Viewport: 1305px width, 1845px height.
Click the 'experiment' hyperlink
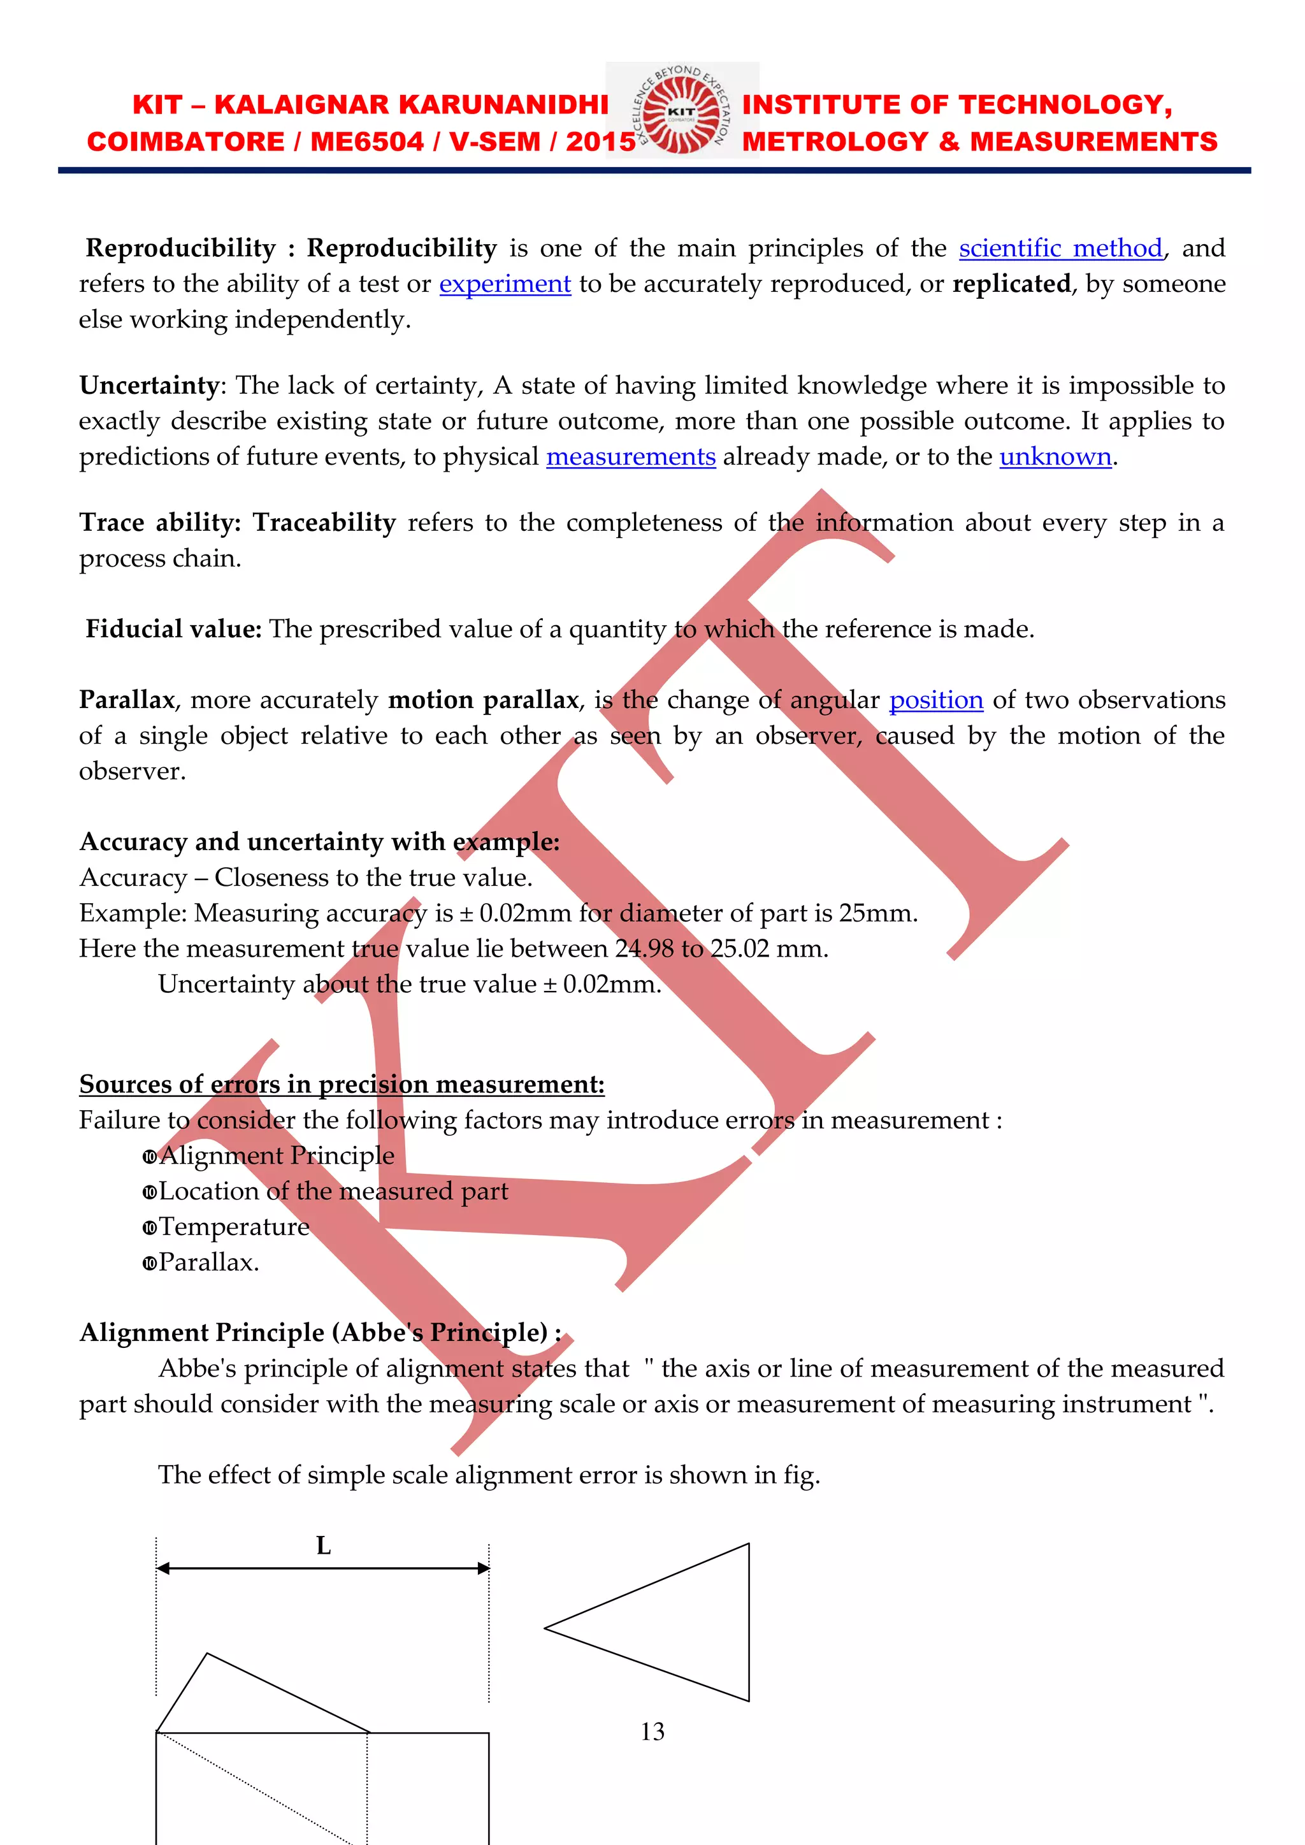[505, 284]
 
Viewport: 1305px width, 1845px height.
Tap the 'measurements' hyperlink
[631, 456]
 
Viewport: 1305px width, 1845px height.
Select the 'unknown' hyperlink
[1055, 456]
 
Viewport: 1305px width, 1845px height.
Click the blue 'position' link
[935, 700]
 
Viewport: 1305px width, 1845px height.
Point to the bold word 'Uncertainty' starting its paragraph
[148, 386]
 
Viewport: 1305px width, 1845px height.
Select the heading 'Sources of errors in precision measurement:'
[342, 1084]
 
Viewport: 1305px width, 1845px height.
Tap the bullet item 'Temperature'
[234, 1227]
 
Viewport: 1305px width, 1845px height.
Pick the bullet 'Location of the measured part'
[333, 1191]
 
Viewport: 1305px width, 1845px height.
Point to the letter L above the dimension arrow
[323, 1545]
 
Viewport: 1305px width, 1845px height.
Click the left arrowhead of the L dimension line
[163, 1568]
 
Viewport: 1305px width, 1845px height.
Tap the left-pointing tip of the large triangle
[547, 1628]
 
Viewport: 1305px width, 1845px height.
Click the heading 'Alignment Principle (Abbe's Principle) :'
[320, 1333]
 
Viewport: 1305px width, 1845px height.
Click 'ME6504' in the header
[366, 142]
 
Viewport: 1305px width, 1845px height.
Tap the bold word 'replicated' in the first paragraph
[1011, 284]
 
